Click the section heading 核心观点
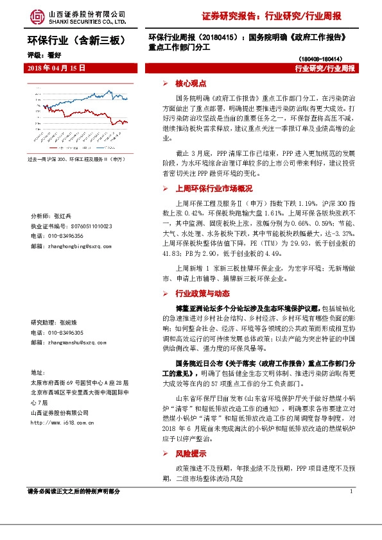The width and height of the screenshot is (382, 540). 191,84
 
